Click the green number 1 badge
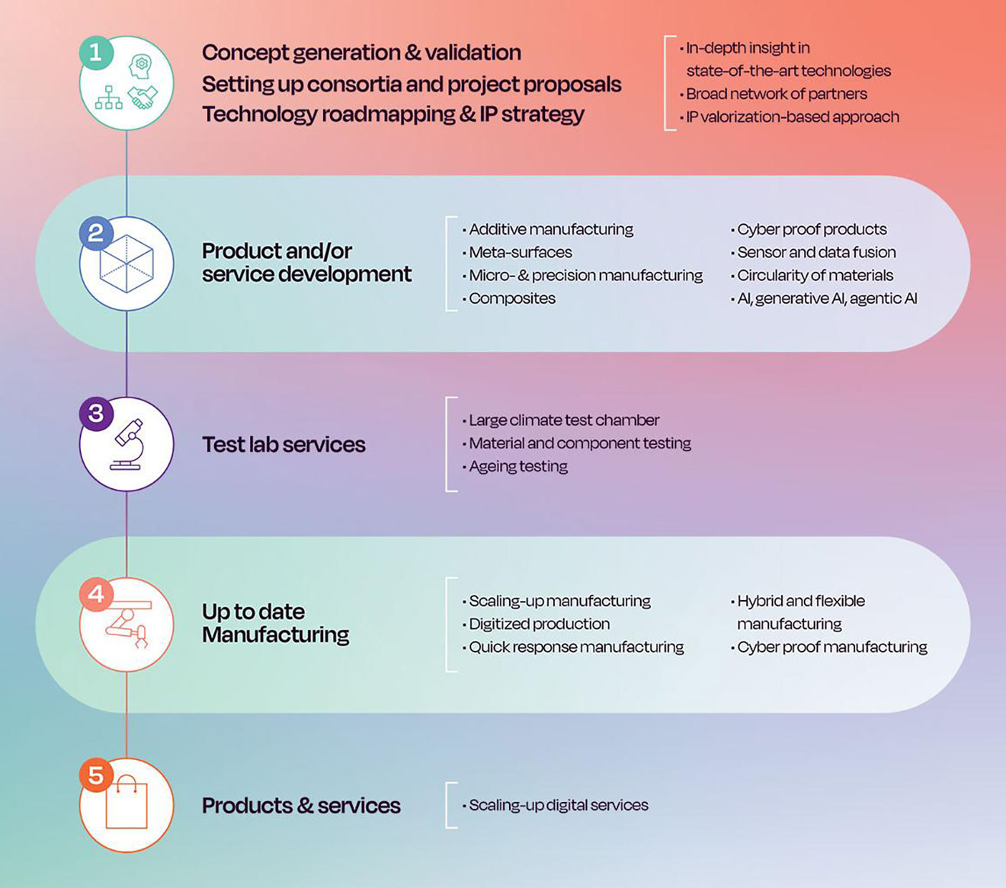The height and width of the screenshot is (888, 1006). pyautogui.click(x=96, y=53)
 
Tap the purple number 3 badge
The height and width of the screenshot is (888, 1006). pyautogui.click(x=96, y=414)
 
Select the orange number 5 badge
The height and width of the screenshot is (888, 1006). pyautogui.click(x=96, y=775)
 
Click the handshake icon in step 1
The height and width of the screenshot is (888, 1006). pyautogui.click(x=143, y=97)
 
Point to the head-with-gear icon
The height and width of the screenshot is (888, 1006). pyautogui.click(x=140, y=66)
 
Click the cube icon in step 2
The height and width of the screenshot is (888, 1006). pyautogui.click(x=127, y=264)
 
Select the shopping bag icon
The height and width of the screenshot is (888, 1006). pyautogui.click(x=127, y=802)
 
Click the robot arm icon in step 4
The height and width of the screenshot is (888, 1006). pyautogui.click(x=127, y=624)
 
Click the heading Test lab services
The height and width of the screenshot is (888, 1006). pyautogui.click(x=284, y=444)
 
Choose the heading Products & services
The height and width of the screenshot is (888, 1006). pyautogui.click(x=301, y=805)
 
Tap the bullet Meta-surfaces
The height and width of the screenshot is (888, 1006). pyautogui.click(x=517, y=252)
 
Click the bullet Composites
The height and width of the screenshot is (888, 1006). pyautogui.click(x=508, y=299)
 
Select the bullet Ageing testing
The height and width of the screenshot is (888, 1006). pyautogui.click(x=515, y=467)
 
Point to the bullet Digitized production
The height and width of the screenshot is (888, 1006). pyautogui.click(x=536, y=624)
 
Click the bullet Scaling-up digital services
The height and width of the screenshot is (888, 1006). pyautogui.click(x=555, y=805)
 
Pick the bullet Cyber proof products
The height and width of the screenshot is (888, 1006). pyautogui.click(x=809, y=229)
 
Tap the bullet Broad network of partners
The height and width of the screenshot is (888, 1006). pyautogui.click(x=773, y=94)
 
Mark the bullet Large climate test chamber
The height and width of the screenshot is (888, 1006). pyautogui.click(x=561, y=420)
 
